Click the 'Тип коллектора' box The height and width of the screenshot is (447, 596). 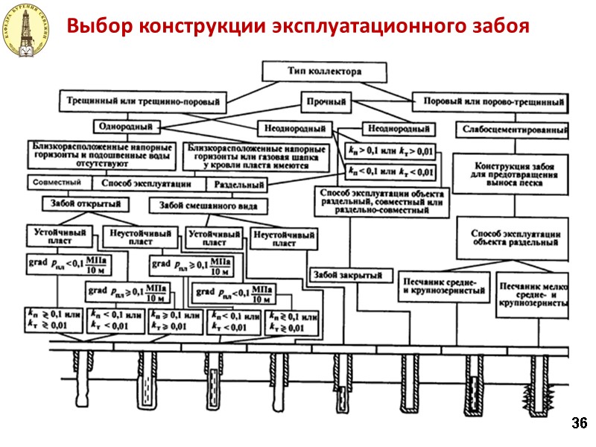coord(324,72)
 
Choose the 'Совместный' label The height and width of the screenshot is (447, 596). coord(56,183)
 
